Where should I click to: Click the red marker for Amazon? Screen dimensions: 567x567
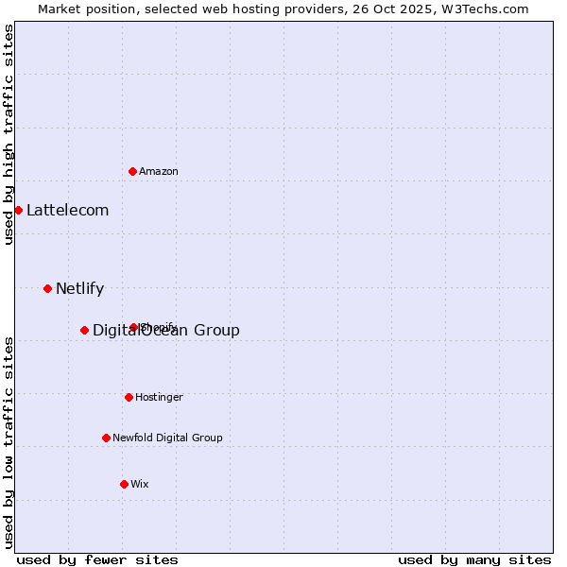[133, 171]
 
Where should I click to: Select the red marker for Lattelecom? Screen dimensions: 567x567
[18, 210]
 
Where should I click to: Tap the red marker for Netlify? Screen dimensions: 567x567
[47, 288]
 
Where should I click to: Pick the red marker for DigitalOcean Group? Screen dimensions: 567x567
[84, 330]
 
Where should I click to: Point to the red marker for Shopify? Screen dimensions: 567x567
[134, 327]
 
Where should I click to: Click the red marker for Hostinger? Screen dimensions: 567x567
[129, 397]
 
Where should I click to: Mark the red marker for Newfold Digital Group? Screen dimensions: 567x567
[106, 438]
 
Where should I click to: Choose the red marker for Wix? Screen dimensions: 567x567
[124, 484]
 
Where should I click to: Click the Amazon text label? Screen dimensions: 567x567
[159, 172]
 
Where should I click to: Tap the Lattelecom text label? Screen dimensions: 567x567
[68, 211]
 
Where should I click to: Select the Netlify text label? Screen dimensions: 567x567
[79, 289]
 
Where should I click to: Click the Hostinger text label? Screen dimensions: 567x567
[159, 398]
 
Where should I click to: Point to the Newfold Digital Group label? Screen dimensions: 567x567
[167, 438]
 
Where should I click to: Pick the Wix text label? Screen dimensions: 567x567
[140, 485]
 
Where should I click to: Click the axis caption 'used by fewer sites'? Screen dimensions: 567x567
[97, 560]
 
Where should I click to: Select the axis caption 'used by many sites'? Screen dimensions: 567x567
[474, 560]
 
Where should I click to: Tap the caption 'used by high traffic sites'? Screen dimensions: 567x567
[9, 134]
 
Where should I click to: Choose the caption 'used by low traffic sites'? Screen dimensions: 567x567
[9, 442]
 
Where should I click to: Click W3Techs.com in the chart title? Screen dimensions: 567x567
[488, 9]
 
